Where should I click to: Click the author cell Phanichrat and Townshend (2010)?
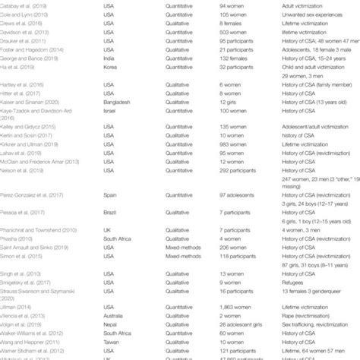[41, 231]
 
